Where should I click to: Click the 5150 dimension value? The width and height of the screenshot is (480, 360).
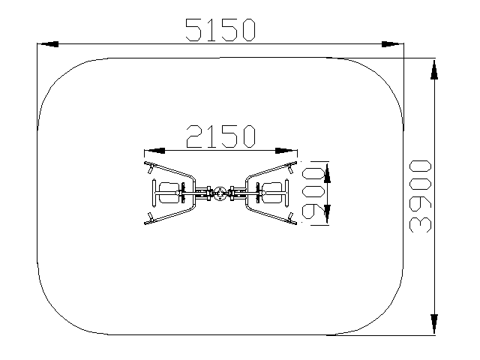click(x=220, y=30)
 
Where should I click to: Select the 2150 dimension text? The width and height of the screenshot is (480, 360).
click(x=220, y=136)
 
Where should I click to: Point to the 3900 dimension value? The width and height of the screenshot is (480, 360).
click(x=420, y=196)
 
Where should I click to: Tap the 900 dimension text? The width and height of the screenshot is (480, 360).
click(x=313, y=193)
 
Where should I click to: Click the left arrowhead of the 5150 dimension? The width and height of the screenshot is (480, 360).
click(x=48, y=44)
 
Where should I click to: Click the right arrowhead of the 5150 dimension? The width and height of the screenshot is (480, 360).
click(x=393, y=44)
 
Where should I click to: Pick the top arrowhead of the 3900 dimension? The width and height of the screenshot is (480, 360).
click(x=434, y=69)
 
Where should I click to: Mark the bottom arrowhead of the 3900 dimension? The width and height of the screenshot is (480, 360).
click(x=434, y=324)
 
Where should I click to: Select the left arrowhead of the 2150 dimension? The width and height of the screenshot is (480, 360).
click(x=154, y=151)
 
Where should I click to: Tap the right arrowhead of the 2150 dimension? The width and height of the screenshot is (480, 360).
click(x=286, y=151)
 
